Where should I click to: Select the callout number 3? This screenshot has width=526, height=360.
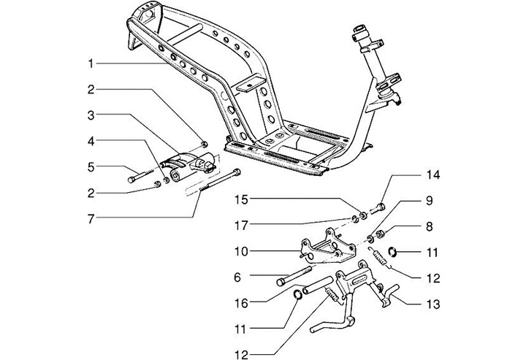(x=91, y=115)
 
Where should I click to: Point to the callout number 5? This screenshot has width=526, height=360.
(x=91, y=166)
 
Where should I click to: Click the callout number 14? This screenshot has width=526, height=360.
(x=434, y=176)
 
